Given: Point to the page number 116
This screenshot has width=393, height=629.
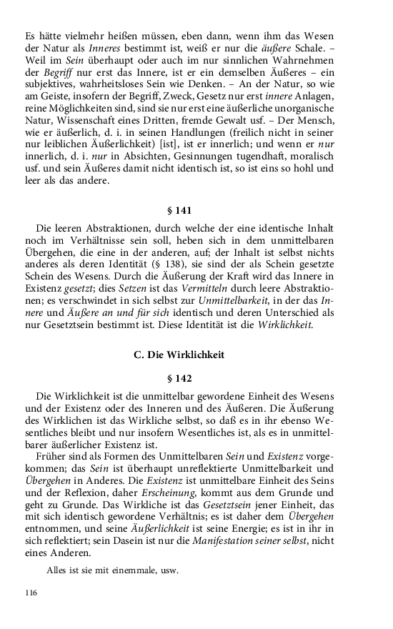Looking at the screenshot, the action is click(x=30, y=593).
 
